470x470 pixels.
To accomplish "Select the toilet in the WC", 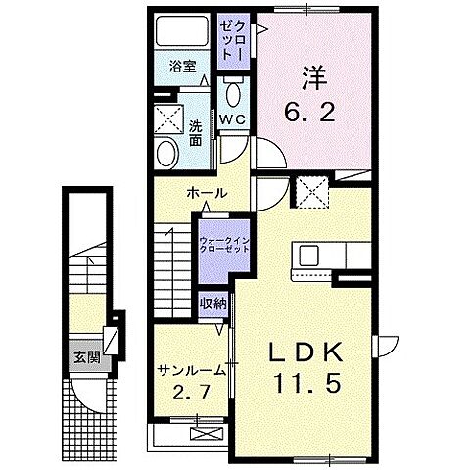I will [x=232, y=95].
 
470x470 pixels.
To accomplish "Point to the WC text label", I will [x=232, y=118].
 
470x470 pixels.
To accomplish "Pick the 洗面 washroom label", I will [x=196, y=133].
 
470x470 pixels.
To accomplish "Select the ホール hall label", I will [x=207, y=193].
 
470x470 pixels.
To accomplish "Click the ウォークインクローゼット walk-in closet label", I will [x=223, y=243].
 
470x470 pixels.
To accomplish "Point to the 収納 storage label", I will [x=213, y=304].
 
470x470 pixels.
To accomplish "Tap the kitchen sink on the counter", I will [x=310, y=256].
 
